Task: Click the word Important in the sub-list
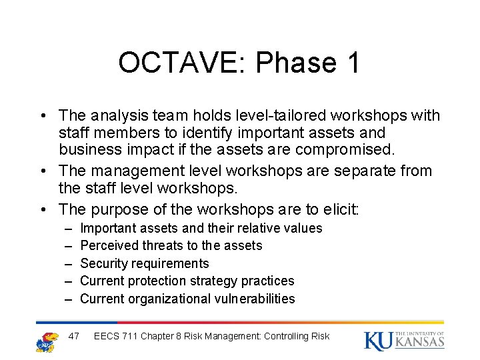point(108,229)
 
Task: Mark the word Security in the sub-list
point(104,263)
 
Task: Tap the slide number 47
point(75,336)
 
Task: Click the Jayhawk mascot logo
point(47,341)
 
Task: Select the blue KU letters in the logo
point(378,341)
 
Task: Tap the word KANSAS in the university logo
point(419,343)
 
